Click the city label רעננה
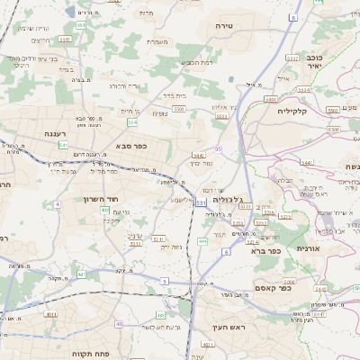pos(35,133)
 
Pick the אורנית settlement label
pos(307,248)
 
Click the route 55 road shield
pos(218,148)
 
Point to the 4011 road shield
pos(50,314)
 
